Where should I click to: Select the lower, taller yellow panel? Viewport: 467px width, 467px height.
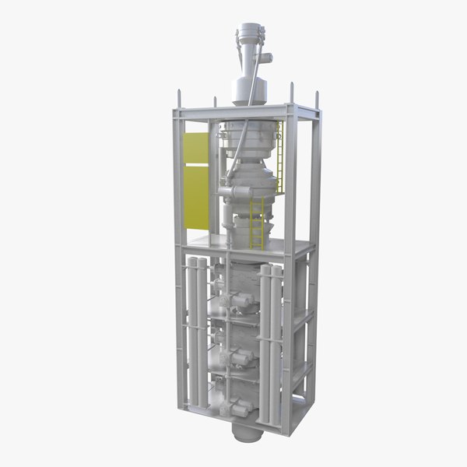point(195,198)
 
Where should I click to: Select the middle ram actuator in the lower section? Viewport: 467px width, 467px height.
point(237,358)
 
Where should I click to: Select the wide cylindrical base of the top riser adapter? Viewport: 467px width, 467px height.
point(248,91)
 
